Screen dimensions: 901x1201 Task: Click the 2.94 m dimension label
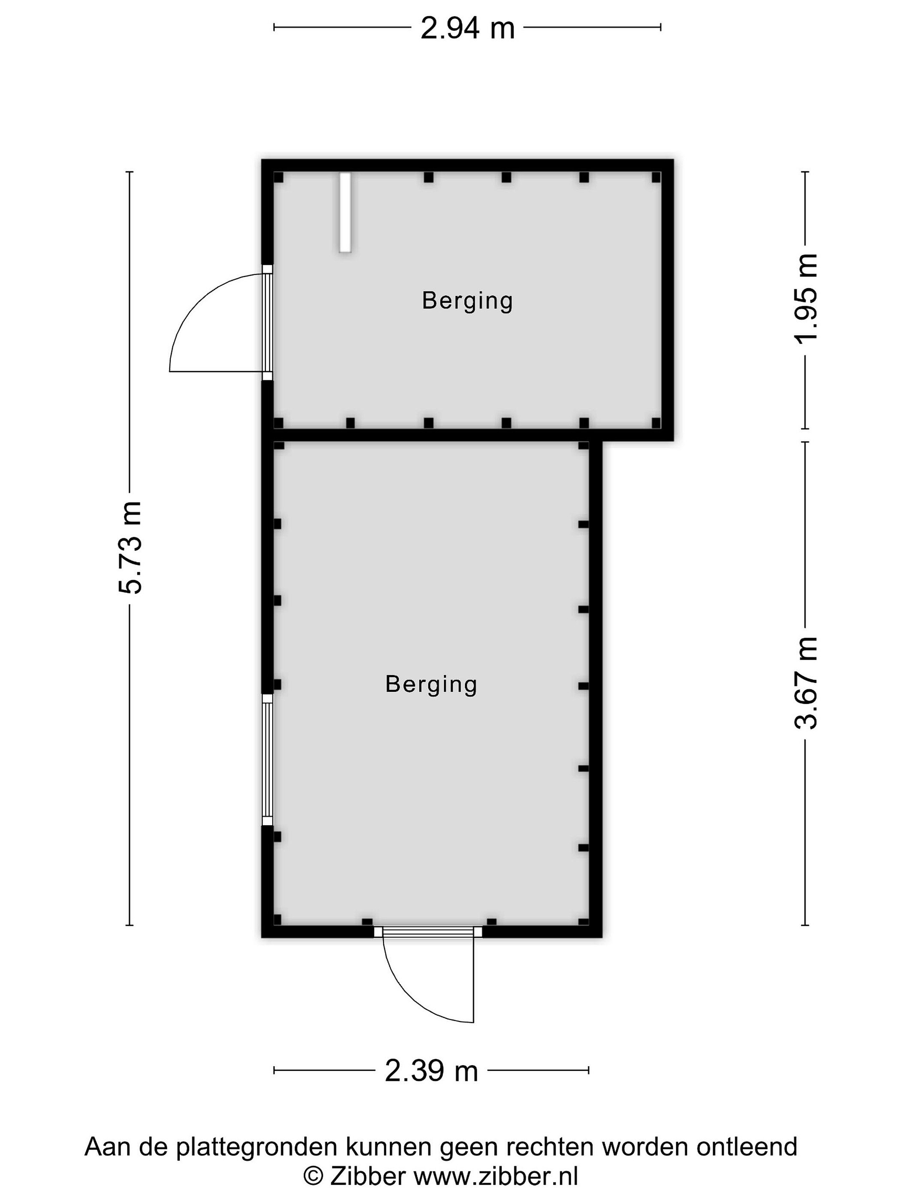(467, 28)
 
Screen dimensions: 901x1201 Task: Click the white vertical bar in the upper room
(345, 212)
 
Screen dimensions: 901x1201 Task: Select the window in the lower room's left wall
(267, 760)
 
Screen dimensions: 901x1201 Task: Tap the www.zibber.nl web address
(496, 1176)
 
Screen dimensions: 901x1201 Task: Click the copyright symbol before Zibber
(313, 1176)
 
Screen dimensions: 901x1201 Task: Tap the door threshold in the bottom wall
(428, 932)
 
